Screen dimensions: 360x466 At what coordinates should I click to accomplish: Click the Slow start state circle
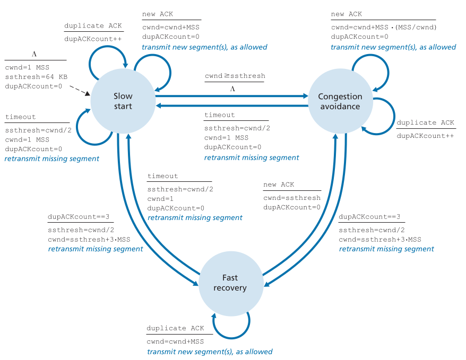click(123, 101)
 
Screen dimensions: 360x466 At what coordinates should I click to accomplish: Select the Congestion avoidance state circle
click(340, 101)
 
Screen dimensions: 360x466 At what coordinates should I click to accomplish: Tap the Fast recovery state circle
click(230, 283)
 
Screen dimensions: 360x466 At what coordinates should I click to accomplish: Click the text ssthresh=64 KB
click(36, 77)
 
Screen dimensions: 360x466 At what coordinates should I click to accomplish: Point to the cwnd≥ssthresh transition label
click(235, 76)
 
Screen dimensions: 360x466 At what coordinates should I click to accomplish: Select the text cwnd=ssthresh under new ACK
click(292, 198)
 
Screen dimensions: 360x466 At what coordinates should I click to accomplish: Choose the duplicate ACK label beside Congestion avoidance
click(425, 123)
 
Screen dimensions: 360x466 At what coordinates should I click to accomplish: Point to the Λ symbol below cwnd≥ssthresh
click(232, 89)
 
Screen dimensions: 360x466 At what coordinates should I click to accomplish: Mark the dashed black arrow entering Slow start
click(81, 91)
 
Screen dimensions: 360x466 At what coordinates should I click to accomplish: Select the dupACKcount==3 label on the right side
click(369, 217)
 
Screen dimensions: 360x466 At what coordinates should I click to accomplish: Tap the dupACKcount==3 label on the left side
click(78, 217)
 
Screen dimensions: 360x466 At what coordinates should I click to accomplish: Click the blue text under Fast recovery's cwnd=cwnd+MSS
click(210, 352)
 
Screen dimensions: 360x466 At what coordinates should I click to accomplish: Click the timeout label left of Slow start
click(21, 117)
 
